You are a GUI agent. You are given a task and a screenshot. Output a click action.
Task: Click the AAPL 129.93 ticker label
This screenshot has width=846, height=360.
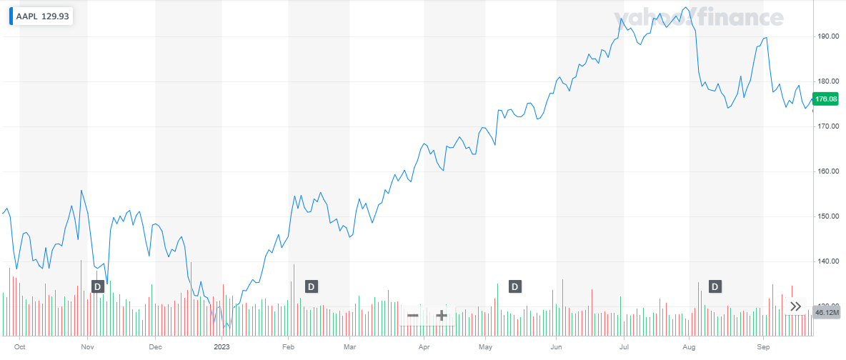(x=42, y=16)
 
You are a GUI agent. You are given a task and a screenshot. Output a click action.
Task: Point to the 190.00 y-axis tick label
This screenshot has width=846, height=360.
(x=828, y=36)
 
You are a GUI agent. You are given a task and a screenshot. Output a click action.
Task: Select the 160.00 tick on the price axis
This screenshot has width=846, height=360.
(x=828, y=171)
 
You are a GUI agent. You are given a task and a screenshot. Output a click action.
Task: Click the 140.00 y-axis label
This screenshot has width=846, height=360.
(x=828, y=261)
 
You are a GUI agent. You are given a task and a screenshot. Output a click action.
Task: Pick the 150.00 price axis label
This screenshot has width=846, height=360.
(x=828, y=216)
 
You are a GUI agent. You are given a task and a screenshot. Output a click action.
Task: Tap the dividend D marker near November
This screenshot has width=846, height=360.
(x=98, y=286)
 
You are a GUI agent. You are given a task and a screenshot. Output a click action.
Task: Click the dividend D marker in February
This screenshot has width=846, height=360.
(x=311, y=286)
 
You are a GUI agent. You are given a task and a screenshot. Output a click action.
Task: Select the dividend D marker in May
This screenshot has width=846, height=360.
(x=514, y=286)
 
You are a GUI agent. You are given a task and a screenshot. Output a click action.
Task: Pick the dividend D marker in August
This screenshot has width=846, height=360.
(x=715, y=286)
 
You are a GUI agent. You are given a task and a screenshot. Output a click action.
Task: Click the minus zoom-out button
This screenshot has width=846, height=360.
(x=412, y=315)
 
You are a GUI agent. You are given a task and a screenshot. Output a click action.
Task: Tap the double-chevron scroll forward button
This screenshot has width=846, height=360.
(x=796, y=306)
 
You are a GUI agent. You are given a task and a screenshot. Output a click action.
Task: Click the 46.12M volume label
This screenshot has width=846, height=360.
(x=827, y=313)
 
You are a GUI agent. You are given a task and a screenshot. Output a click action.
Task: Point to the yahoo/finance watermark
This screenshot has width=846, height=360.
(x=698, y=19)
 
